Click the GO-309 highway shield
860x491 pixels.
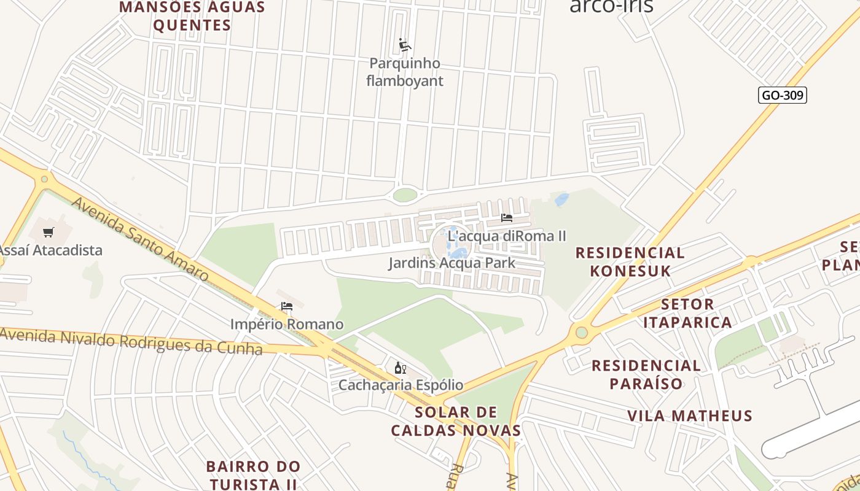point(782,95)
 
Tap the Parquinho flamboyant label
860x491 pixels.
point(405,72)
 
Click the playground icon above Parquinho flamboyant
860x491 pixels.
point(405,45)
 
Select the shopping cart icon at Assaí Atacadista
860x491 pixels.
point(49,232)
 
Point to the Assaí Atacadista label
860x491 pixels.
point(50,250)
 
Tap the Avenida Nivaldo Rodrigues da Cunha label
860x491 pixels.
point(131,341)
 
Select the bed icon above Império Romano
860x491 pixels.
point(287,306)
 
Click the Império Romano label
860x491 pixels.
point(287,324)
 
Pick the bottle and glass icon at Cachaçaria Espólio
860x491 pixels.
point(401,368)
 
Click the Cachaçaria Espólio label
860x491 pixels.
point(401,385)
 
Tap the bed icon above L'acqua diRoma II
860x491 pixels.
point(507,218)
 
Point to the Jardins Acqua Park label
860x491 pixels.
point(451,263)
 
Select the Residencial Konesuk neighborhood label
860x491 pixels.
point(630,261)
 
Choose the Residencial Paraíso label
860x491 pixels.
point(646,374)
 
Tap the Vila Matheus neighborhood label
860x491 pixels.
point(690,416)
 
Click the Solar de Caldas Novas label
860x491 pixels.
point(456,420)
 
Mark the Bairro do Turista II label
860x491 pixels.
point(253,475)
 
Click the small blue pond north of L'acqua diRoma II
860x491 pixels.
point(561,199)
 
